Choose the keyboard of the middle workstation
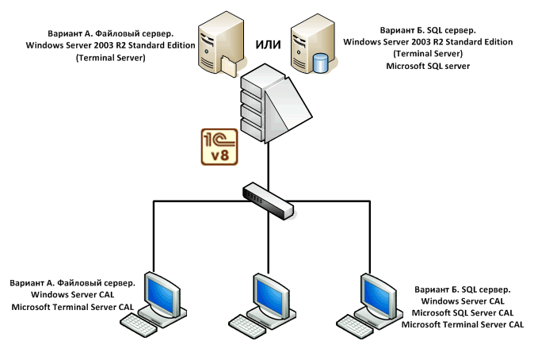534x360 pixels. pyautogui.click(x=248, y=324)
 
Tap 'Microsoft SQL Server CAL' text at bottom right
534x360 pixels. pyautogui.click(x=463, y=313)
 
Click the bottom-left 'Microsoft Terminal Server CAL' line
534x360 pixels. pyautogui.click(x=72, y=307)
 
